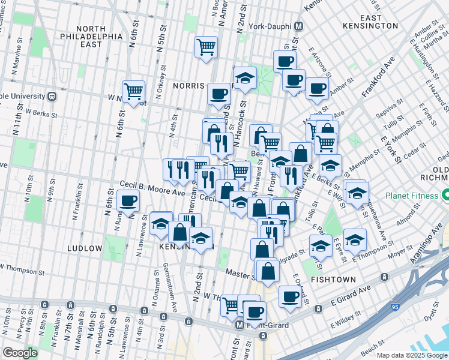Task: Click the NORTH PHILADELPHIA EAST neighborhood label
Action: [91, 36]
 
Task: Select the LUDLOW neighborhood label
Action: [85, 248]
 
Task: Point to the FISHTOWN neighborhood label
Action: [334, 280]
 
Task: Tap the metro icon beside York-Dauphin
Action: [299, 26]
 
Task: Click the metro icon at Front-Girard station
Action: [240, 325]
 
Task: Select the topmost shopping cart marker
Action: [206, 47]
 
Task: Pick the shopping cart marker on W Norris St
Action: [133, 91]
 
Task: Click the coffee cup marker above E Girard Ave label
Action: [291, 296]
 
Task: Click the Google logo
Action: [20, 353]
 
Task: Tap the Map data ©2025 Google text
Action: [412, 355]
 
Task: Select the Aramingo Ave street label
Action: [430, 239]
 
